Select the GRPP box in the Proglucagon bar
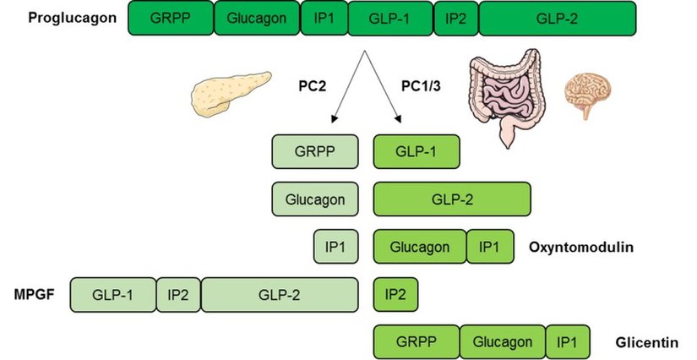click(x=171, y=19)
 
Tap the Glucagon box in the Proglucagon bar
click(x=257, y=19)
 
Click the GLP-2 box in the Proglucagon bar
click(x=558, y=19)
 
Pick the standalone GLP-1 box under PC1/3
click(x=417, y=152)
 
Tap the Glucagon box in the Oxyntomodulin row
click(x=420, y=247)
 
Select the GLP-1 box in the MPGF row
click(x=113, y=294)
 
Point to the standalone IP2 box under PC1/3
click(x=395, y=294)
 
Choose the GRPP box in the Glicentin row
click(x=417, y=342)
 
